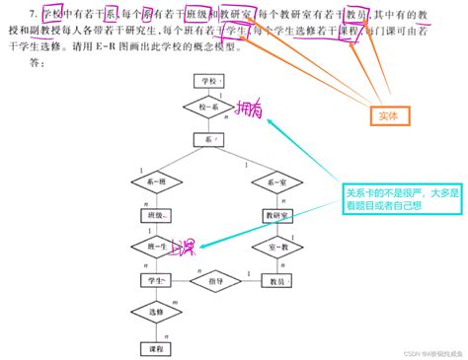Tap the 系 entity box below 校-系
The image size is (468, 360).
208,142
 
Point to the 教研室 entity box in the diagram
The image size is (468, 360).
277,214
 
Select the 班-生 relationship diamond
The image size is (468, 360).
153,247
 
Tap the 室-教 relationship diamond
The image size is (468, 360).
277,247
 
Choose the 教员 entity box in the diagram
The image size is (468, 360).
277,280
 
